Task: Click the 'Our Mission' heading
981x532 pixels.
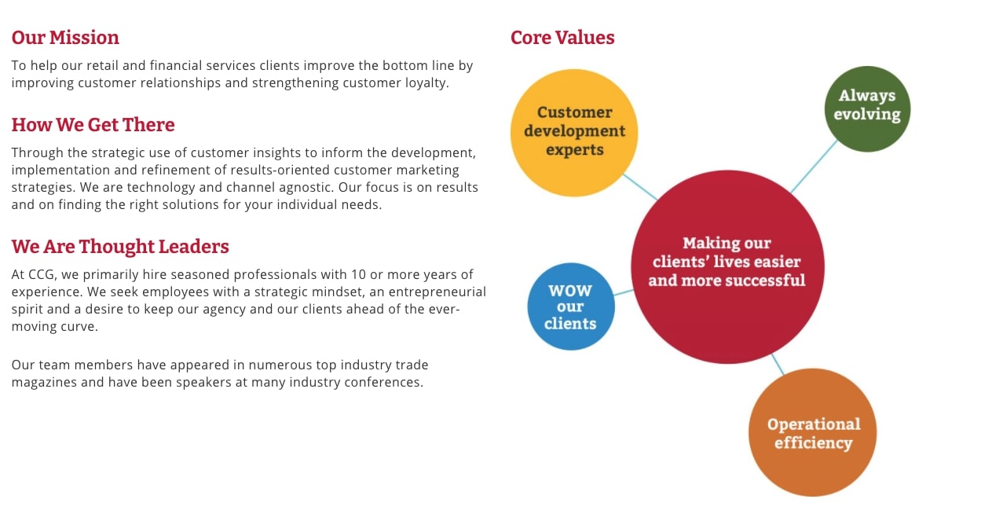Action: coord(65,38)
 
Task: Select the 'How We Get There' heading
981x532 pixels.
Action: coord(93,125)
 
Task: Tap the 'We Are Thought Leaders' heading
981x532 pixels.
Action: coord(120,247)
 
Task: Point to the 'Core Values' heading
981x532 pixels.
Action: coord(562,38)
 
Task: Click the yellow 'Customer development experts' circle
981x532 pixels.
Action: coord(574,133)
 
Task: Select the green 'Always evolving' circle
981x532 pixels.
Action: coord(867,109)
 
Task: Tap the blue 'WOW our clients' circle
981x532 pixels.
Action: coord(571,306)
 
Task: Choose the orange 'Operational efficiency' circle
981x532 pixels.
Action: coord(813,432)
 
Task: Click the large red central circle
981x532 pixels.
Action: coord(727,267)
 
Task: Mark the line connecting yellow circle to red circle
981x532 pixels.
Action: coord(640,187)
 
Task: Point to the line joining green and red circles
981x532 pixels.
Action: coord(814,167)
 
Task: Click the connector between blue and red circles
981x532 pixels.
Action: coord(624,292)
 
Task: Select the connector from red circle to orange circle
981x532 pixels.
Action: coord(778,364)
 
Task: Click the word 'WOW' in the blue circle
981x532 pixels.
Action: coord(570,291)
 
